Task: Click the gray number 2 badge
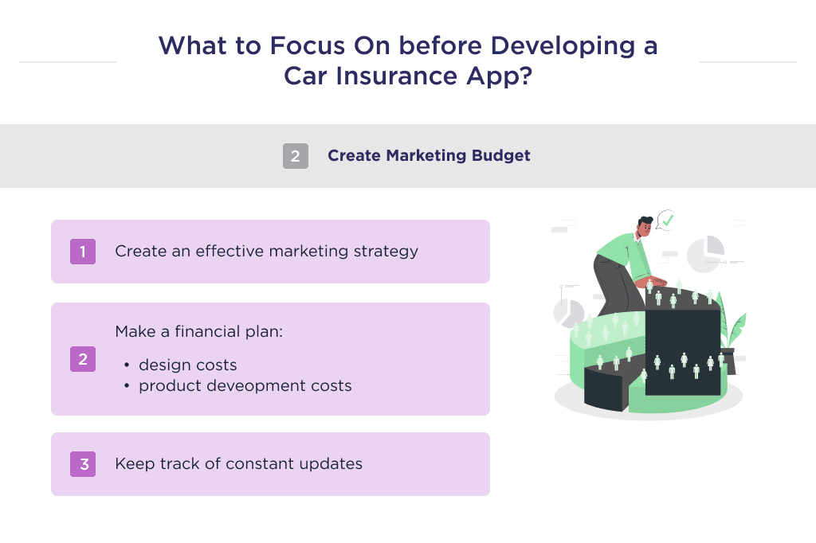[x=295, y=156]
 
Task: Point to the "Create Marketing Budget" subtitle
[x=429, y=156]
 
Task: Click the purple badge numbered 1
[x=82, y=252]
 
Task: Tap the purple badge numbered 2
[x=82, y=359]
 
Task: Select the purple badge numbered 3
[x=82, y=464]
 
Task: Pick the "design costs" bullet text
[x=187, y=365]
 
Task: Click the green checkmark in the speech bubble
[x=667, y=218]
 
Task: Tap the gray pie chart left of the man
[x=568, y=313]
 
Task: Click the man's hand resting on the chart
[x=651, y=283]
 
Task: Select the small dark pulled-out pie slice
[x=603, y=389]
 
